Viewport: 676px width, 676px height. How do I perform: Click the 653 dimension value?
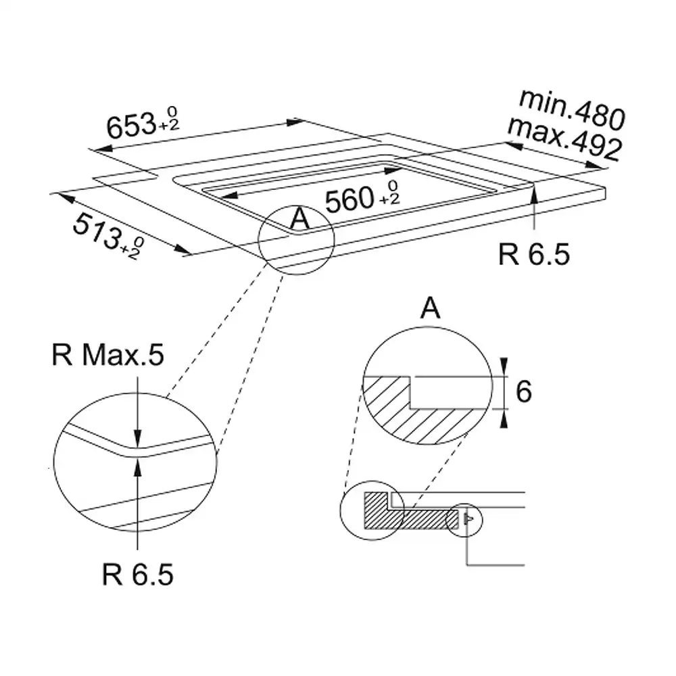[x=131, y=126]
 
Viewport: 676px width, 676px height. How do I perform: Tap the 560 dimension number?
[x=349, y=200]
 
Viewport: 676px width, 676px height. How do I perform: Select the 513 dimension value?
[x=97, y=231]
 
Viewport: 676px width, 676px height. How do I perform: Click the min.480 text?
[x=573, y=110]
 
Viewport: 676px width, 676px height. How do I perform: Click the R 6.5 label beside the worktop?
[x=534, y=254]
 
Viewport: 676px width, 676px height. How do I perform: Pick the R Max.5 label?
[x=107, y=355]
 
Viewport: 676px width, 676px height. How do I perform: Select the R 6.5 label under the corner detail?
[x=137, y=574]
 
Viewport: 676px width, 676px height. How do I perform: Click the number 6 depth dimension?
[x=523, y=391]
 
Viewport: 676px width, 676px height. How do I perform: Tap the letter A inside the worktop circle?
[x=299, y=218]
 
